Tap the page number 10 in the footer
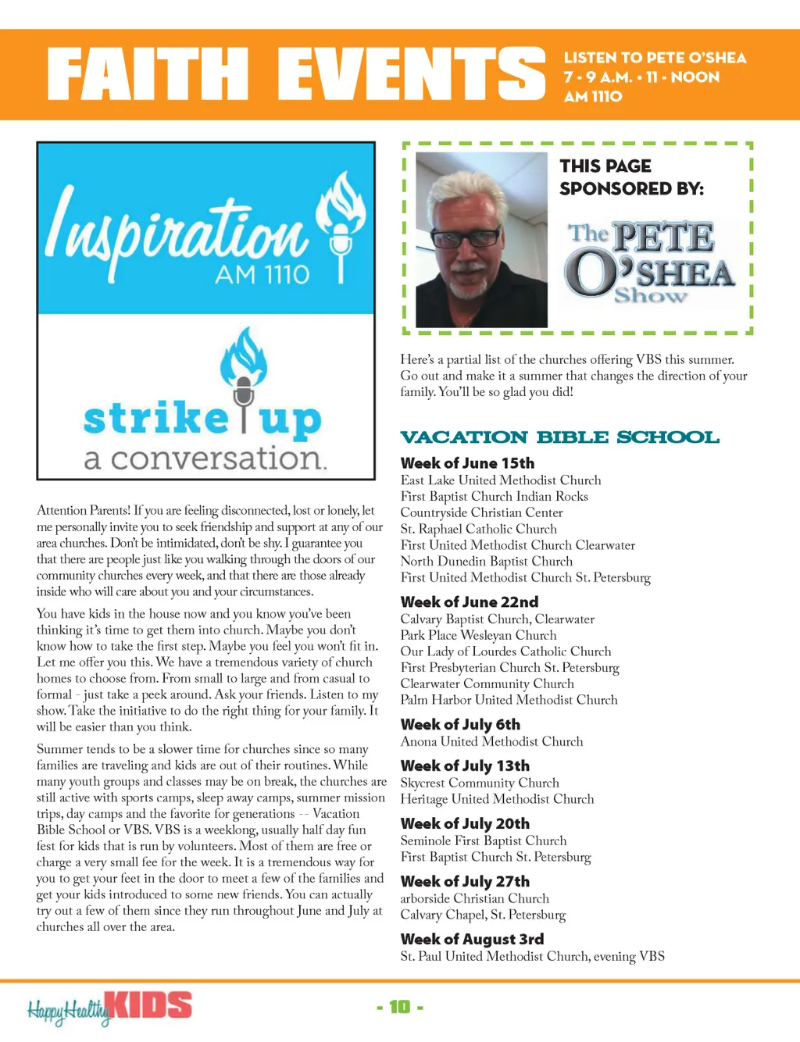click(x=400, y=1007)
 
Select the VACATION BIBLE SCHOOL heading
click(x=559, y=437)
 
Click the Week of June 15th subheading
click(x=467, y=463)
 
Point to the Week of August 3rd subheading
click(x=472, y=939)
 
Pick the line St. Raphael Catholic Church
click(x=478, y=529)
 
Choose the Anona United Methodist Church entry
click(x=491, y=741)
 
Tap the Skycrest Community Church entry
click(x=480, y=783)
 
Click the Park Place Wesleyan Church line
click(x=478, y=635)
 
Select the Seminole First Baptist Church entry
click(x=484, y=840)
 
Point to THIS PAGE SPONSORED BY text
click(x=631, y=177)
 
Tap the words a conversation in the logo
click(x=205, y=459)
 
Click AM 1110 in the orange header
click(x=593, y=97)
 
